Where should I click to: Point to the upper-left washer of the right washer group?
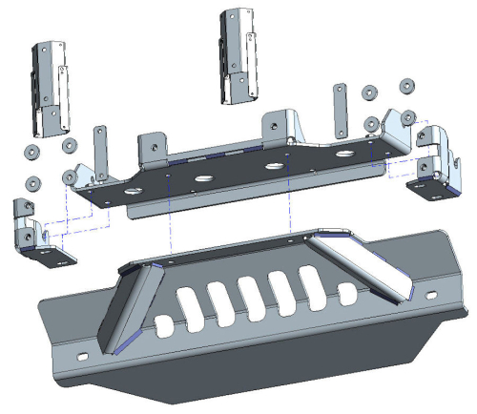click(370, 93)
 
